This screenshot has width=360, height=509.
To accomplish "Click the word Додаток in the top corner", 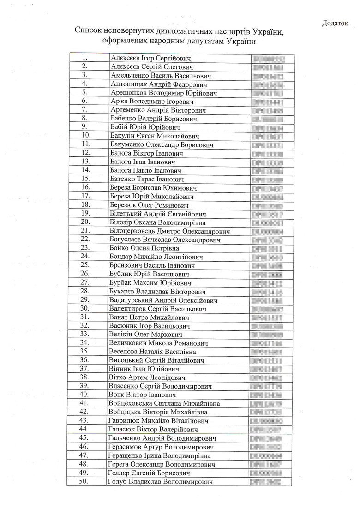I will click(334, 24).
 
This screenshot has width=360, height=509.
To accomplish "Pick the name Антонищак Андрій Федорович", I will click(159, 84).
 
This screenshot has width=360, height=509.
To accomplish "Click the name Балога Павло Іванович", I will click(145, 170).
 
